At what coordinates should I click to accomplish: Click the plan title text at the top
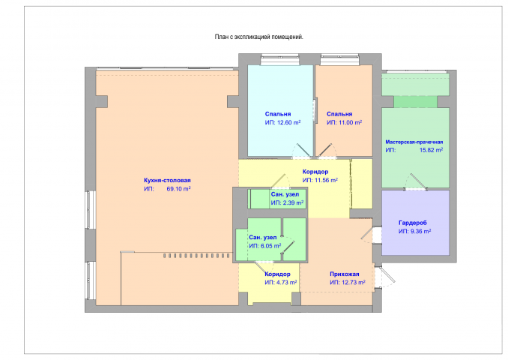pyautogui.click(x=258, y=37)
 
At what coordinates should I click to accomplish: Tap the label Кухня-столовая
pyautogui.click(x=167, y=180)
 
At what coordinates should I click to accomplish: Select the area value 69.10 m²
pyautogui.click(x=178, y=189)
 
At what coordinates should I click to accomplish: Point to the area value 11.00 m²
pyautogui.click(x=351, y=122)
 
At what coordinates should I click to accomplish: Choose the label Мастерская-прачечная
pyautogui.click(x=414, y=142)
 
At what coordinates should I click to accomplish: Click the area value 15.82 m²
pyautogui.click(x=432, y=150)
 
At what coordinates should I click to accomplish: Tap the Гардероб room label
pyautogui.click(x=413, y=223)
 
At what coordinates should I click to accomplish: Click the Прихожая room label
pyautogui.click(x=345, y=274)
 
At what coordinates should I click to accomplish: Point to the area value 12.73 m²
pyautogui.click(x=354, y=283)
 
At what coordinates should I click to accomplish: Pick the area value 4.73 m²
pyautogui.click(x=287, y=283)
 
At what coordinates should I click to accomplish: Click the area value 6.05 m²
pyautogui.click(x=270, y=246)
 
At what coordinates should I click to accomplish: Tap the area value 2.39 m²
pyautogui.click(x=293, y=202)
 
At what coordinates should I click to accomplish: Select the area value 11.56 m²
pyautogui.click(x=326, y=180)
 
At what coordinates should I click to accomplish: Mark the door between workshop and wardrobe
pyautogui.click(x=417, y=181)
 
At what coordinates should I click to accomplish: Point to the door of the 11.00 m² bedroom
pyautogui.click(x=327, y=151)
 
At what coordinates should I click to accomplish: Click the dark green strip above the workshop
pyautogui.click(x=415, y=102)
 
